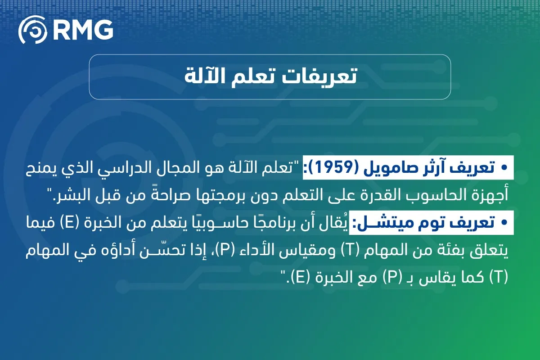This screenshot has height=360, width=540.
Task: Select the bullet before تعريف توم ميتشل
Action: (x=504, y=222)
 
